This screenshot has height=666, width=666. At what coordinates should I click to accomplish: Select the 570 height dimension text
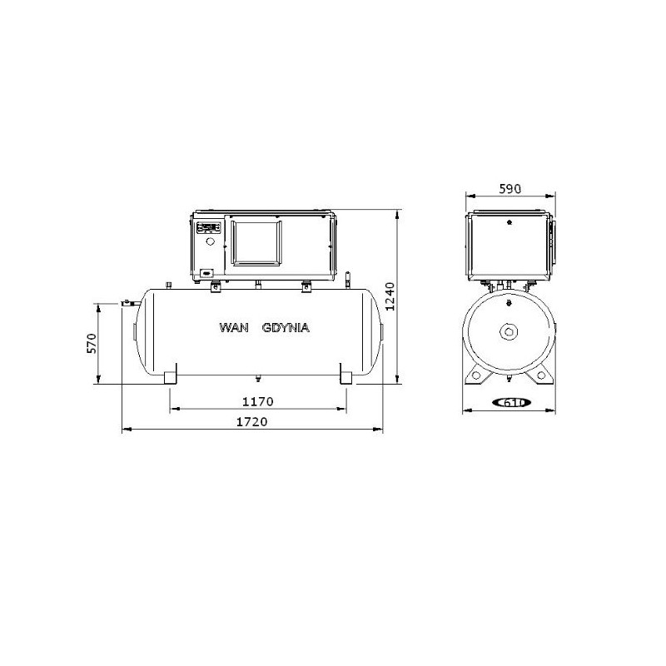tap(92, 344)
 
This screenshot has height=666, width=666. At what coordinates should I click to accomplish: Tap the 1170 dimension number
tap(258, 401)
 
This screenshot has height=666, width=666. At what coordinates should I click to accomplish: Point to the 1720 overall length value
tap(251, 422)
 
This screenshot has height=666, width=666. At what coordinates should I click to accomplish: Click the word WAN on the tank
tap(233, 327)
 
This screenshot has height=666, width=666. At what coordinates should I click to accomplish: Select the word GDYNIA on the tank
tap(286, 327)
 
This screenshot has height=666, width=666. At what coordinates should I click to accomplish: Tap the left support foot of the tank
tap(170, 375)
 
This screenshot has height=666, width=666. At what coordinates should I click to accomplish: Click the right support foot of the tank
tap(346, 375)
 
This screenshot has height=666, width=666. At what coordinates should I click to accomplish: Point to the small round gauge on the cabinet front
tap(210, 241)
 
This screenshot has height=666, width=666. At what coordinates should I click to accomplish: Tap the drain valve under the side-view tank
tap(258, 380)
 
